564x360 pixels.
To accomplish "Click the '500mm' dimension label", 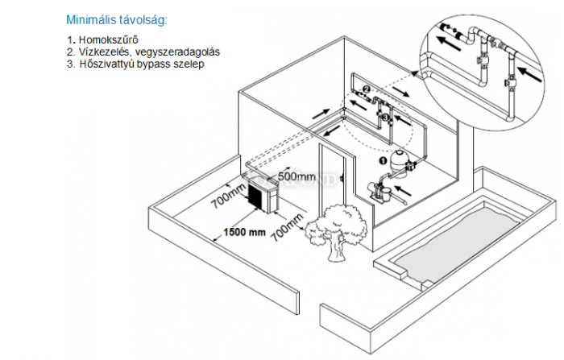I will tap(295, 175).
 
